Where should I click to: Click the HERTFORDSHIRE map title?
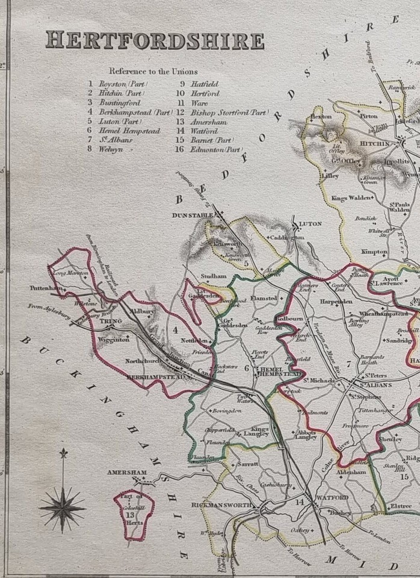tap(155, 40)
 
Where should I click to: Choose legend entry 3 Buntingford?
tap(114, 103)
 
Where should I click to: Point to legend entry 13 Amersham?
tap(208, 122)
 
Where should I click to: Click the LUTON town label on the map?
tap(310, 223)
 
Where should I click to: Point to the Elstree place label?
tap(400, 506)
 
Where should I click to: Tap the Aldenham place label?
tap(351, 473)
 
